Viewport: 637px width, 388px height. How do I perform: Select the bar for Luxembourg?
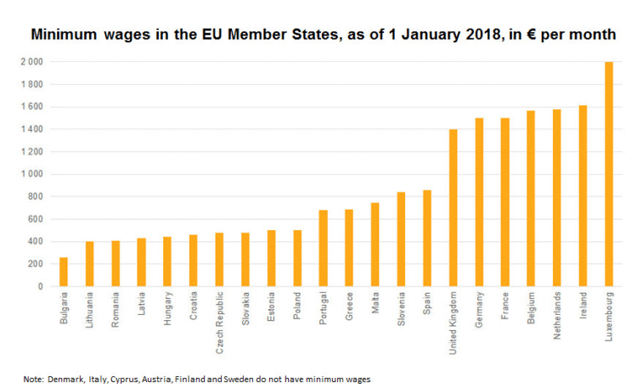pos(608,174)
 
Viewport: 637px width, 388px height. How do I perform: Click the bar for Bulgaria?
pos(64,272)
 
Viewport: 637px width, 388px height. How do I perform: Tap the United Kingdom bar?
pos(453,208)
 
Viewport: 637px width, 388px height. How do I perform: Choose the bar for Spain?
pos(426,238)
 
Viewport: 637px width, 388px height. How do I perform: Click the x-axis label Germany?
pos(479,311)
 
